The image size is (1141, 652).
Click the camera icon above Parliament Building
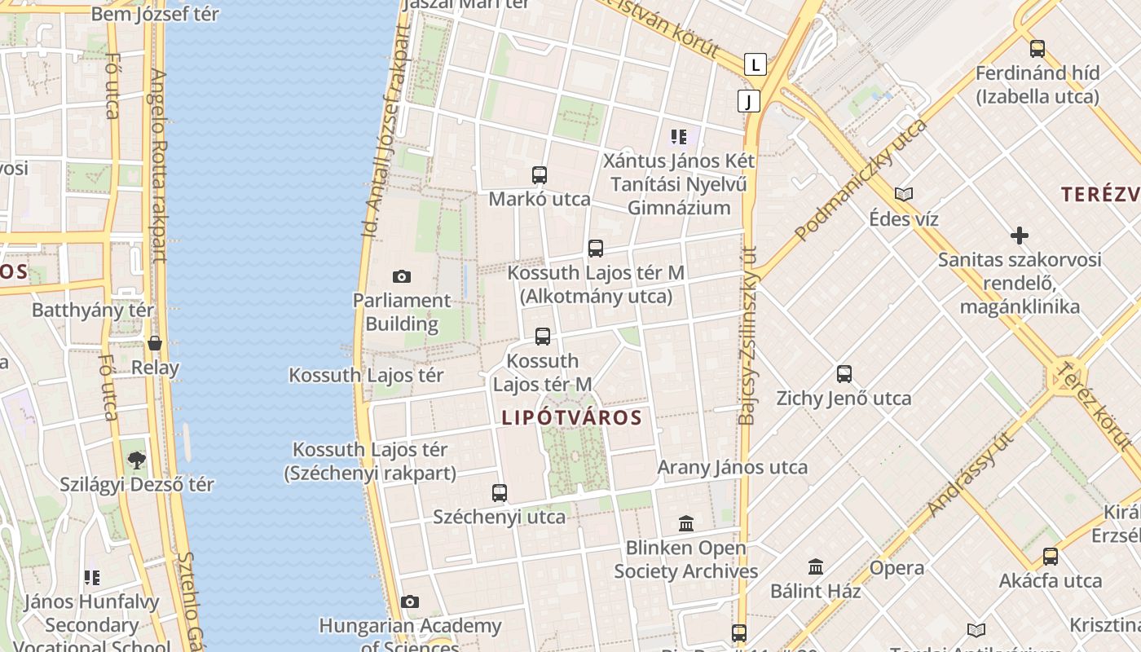(x=402, y=277)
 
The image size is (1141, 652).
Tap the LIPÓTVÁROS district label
(x=571, y=418)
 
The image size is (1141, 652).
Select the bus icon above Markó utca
(x=540, y=175)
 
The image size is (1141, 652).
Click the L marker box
(x=756, y=64)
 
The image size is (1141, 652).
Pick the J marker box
(x=748, y=101)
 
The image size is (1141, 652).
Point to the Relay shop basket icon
(x=155, y=343)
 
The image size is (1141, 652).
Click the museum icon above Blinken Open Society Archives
(x=686, y=523)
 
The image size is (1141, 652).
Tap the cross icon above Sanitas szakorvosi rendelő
(x=1019, y=236)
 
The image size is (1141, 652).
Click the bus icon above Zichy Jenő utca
(x=844, y=374)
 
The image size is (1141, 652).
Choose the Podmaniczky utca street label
(x=861, y=180)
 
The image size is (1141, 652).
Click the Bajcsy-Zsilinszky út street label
(x=747, y=335)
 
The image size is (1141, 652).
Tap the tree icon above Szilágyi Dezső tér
(x=137, y=460)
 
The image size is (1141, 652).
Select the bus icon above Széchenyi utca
(x=500, y=493)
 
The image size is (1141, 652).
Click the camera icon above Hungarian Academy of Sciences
(x=410, y=602)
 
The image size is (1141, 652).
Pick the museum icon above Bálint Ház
(x=816, y=566)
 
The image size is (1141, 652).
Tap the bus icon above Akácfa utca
(x=1051, y=557)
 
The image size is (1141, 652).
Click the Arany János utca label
(x=733, y=468)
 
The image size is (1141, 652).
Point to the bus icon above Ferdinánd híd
(x=1037, y=49)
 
